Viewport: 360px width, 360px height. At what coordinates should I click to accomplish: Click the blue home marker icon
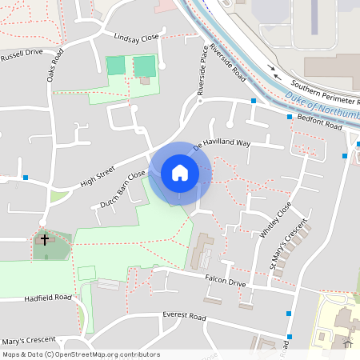click(x=180, y=173)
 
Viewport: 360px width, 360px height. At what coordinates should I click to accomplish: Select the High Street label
click(x=98, y=177)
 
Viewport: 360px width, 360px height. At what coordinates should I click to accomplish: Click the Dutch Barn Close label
click(x=123, y=190)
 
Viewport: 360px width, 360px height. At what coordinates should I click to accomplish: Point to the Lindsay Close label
click(x=137, y=38)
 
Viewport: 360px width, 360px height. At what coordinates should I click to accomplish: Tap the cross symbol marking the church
click(x=45, y=238)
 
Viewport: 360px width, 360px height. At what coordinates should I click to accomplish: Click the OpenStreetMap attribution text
click(x=81, y=354)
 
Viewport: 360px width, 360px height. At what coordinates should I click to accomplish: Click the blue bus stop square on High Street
click(x=26, y=178)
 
